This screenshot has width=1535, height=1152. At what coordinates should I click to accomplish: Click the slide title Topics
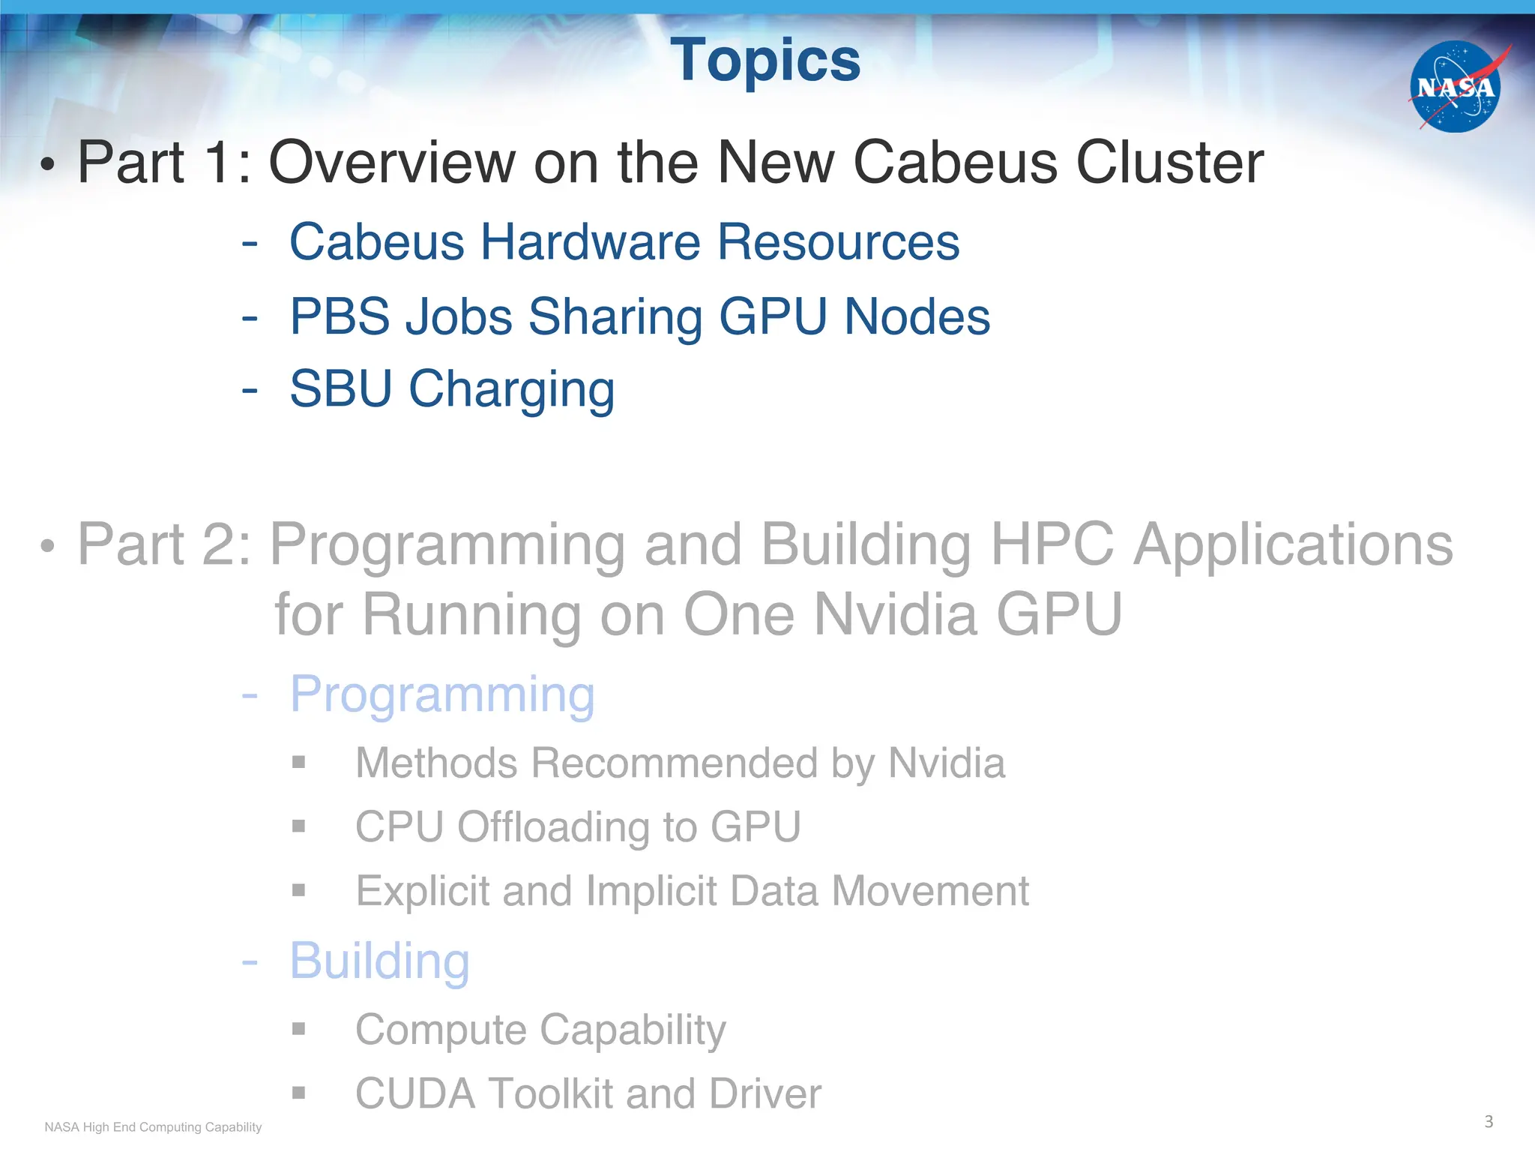[x=765, y=61]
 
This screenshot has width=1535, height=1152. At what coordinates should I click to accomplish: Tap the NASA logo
[x=1455, y=87]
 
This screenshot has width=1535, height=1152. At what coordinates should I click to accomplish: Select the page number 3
[x=1489, y=1121]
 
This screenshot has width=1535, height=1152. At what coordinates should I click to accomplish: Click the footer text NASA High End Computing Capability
[x=153, y=1127]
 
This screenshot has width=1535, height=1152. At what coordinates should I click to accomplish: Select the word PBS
[x=338, y=316]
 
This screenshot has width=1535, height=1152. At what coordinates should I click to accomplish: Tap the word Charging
[x=511, y=390]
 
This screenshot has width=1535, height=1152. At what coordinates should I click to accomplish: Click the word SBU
[x=340, y=389]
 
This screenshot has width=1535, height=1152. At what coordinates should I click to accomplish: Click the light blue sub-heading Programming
[x=442, y=694]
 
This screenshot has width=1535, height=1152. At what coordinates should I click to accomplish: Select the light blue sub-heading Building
[x=379, y=961]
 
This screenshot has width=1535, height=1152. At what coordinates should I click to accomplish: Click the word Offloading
[x=554, y=827]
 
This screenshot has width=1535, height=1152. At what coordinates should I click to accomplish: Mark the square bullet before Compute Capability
[x=299, y=1028]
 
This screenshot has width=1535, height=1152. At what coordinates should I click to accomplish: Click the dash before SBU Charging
[x=250, y=390]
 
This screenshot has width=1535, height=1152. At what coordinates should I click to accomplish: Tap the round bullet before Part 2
[x=48, y=546]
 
